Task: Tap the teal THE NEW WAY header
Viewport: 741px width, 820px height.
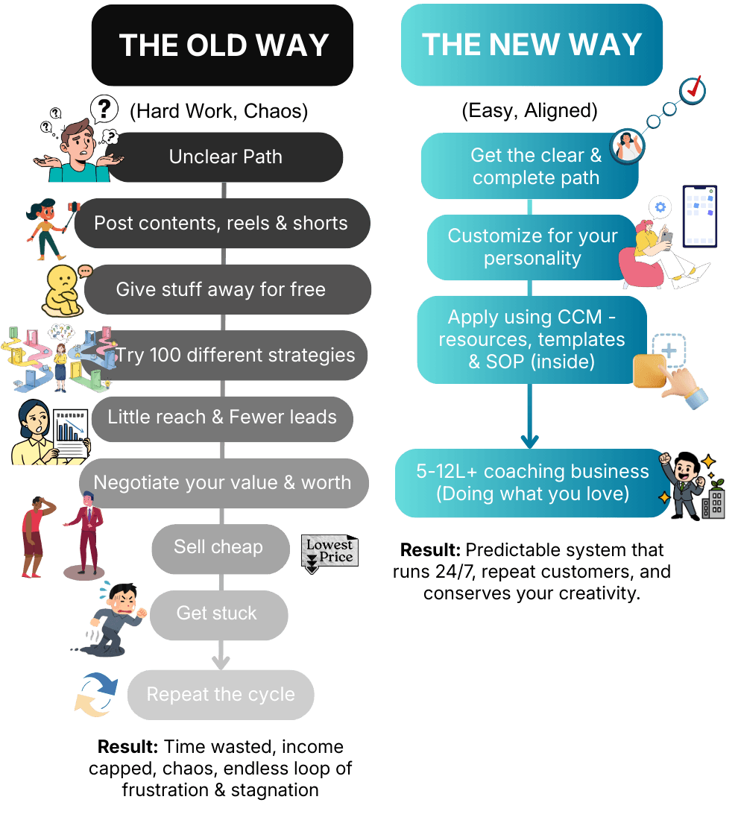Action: coord(532,45)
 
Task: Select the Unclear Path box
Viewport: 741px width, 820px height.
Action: coord(225,157)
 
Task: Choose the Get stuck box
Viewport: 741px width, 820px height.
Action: coord(218,614)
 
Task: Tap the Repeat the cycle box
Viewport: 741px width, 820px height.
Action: coord(221,695)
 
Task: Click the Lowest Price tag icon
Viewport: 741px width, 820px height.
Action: coord(329,553)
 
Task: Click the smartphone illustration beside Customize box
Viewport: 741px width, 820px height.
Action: coord(699,216)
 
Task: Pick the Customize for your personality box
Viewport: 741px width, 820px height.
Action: coord(532,247)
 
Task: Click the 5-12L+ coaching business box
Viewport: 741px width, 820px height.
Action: coord(532,482)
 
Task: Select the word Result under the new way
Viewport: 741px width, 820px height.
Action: coord(431,551)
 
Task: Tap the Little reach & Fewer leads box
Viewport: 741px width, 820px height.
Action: coord(222,417)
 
